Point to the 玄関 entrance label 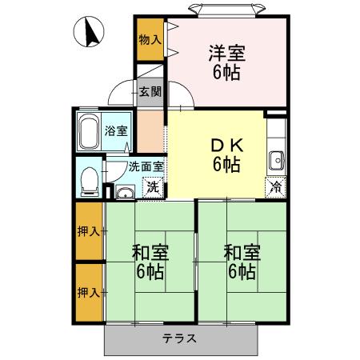click(150, 91)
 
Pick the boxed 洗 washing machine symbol click(151, 189)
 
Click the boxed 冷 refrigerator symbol click(275, 189)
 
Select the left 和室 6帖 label click(149, 262)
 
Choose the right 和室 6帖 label click(240, 262)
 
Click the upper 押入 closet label click(90, 232)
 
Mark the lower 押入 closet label click(90, 291)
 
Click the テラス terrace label click(180, 338)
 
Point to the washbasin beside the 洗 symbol click(124, 191)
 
